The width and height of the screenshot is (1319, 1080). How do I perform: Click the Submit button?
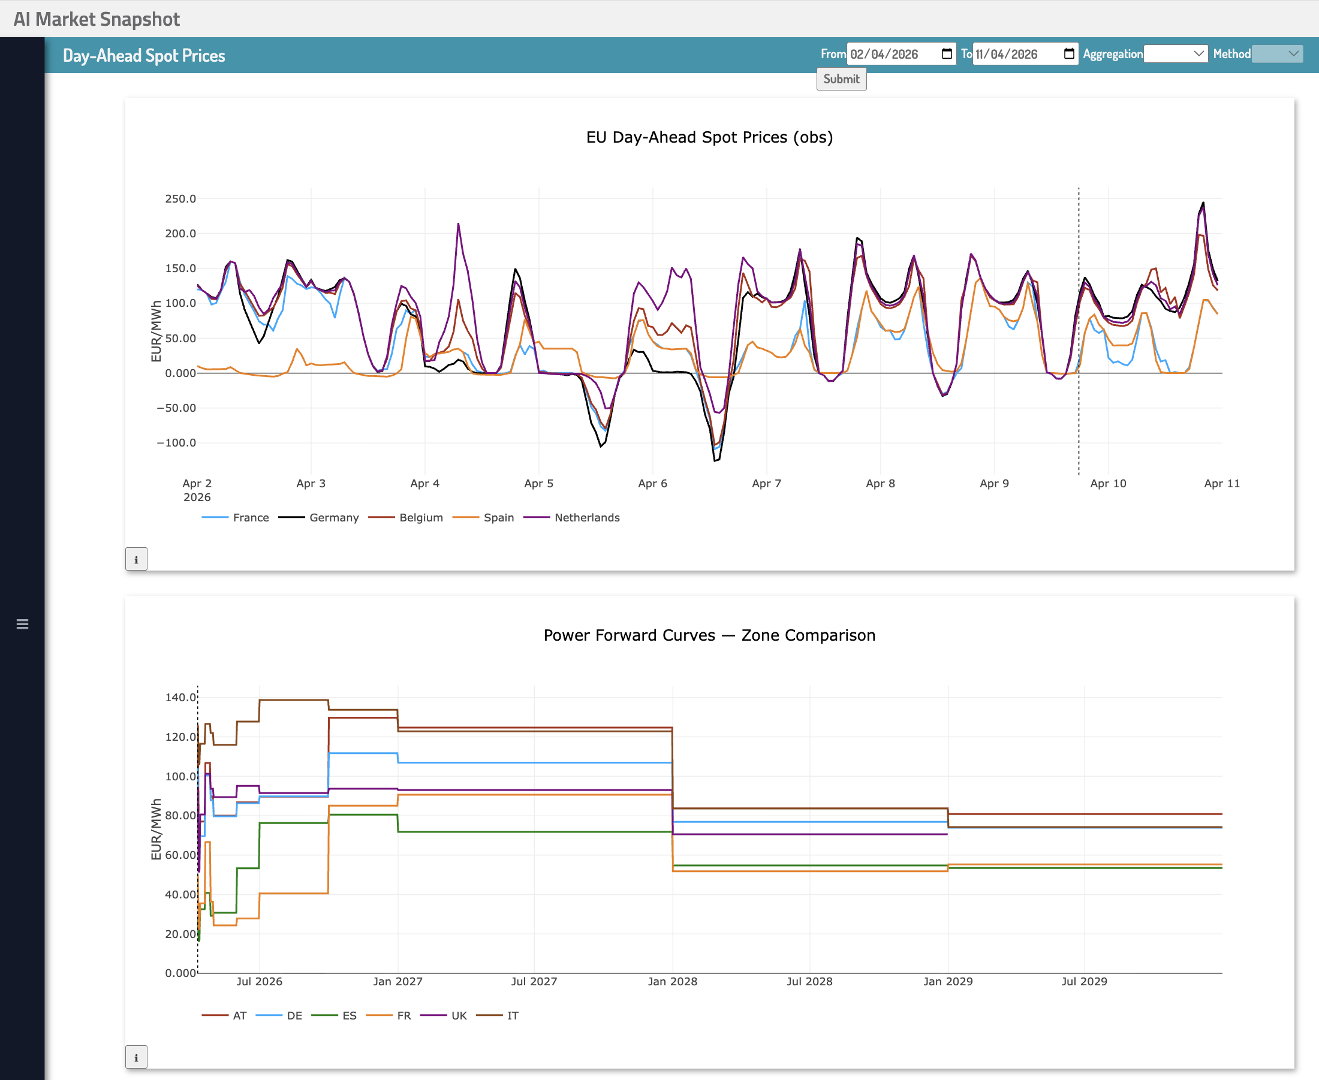[x=841, y=79]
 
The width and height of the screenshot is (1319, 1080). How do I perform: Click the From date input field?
[x=893, y=54]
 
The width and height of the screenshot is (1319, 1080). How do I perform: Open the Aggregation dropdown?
[x=1175, y=54]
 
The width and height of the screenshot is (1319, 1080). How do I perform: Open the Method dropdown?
[x=1276, y=54]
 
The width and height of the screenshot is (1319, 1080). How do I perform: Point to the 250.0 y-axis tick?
[x=180, y=199]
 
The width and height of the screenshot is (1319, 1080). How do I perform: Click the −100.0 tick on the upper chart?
[x=177, y=443]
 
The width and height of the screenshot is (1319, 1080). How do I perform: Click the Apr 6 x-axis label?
[x=652, y=484]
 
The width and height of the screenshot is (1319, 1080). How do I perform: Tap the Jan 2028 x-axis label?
[x=672, y=982]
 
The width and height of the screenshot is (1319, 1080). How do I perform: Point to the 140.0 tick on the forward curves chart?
[x=180, y=698]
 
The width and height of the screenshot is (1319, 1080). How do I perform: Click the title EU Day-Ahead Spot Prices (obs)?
[x=709, y=137]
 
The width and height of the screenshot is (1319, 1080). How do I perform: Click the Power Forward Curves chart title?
[x=709, y=635]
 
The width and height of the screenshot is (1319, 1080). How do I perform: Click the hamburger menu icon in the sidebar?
[x=22, y=624]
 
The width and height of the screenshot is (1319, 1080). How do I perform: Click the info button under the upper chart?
[x=136, y=559]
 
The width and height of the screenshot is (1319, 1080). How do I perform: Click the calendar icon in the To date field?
[x=1069, y=53]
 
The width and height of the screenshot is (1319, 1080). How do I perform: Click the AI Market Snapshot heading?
[x=97, y=19]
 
